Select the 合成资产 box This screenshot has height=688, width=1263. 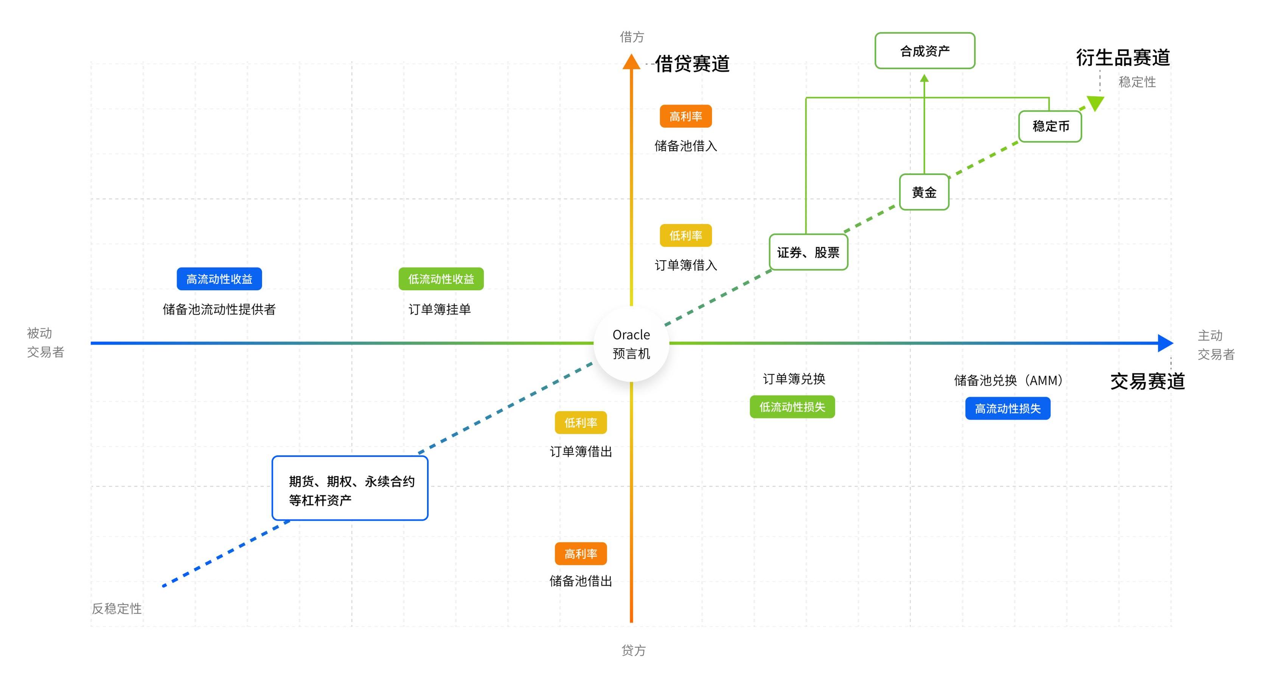click(925, 51)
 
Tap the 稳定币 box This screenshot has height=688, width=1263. click(1050, 126)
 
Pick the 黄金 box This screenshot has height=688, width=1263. click(924, 192)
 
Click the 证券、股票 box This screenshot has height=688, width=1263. click(808, 252)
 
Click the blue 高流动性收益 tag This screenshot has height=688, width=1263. click(219, 279)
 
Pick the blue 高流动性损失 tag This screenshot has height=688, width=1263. click(1008, 408)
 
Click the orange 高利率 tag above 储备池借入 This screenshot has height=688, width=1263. click(685, 117)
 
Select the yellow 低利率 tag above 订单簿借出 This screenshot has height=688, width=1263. click(581, 423)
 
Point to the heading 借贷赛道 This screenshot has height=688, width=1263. click(692, 64)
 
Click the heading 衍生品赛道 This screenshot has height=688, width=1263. click(1123, 58)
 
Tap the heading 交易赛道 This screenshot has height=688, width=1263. click(1147, 381)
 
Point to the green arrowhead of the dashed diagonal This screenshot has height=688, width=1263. click(1095, 103)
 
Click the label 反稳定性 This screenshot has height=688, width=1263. click(117, 609)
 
